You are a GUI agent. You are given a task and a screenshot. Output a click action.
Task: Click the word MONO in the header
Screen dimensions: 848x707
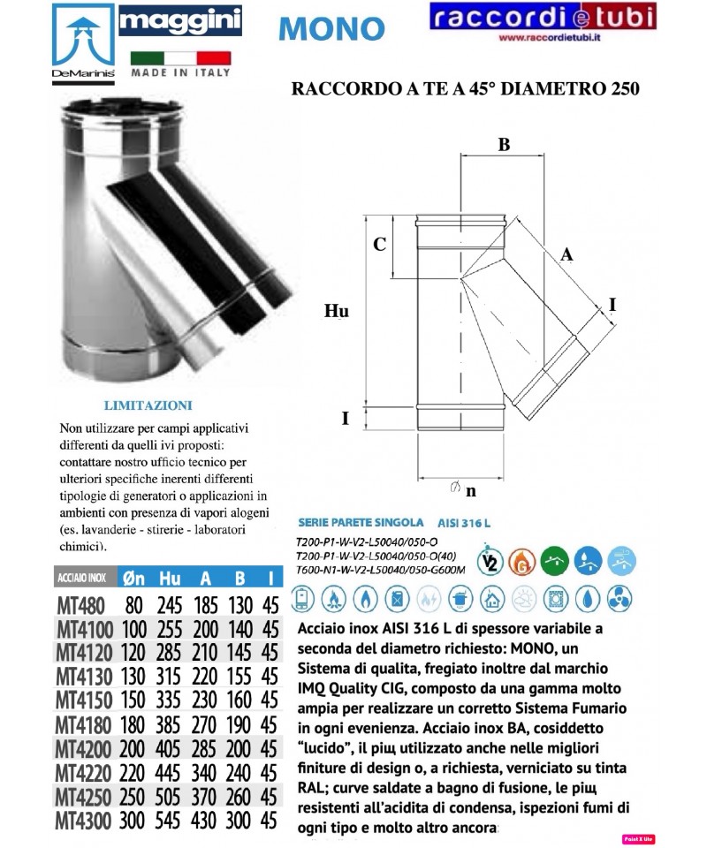click(x=331, y=27)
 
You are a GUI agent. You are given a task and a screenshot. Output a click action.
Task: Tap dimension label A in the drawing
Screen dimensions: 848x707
click(x=568, y=254)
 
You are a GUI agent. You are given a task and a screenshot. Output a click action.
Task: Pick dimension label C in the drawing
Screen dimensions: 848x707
click(x=378, y=246)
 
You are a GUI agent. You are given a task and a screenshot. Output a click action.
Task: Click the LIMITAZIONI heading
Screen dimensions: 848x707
click(x=148, y=405)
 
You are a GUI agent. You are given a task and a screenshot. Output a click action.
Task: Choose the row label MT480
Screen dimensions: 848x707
click(x=80, y=605)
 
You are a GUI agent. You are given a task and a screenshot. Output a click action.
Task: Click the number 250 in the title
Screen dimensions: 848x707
click(x=618, y=88)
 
